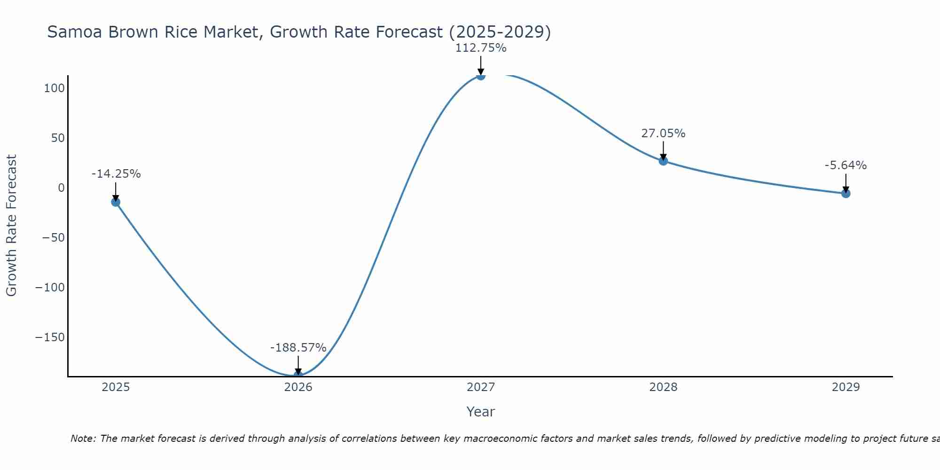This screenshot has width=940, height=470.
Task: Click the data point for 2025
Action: pos(116,202)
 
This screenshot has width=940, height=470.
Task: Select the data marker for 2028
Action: pos(663,161)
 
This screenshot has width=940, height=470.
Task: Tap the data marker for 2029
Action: pos(846,193)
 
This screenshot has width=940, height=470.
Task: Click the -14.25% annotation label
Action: pos(116,174)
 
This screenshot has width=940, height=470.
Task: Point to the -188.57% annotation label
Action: pos(298,348)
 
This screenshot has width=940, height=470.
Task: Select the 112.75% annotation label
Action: pos(480,48)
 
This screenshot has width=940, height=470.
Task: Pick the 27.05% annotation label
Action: pos(663,133)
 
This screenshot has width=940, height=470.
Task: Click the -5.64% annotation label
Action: pos(846,165)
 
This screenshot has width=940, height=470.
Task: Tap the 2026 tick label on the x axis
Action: pos(298,387)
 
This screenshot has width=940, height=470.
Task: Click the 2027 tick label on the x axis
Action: pos(480,387)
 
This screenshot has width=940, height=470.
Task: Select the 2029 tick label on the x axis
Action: pos(846,387)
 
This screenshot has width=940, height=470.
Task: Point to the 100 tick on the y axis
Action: pos(54,88)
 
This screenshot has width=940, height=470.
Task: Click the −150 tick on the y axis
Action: pos(50,337)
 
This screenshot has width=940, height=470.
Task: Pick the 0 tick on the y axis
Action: pos(61,188)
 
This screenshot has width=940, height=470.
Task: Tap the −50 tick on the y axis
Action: pos(53,238)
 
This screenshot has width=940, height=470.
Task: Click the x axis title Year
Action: pos(480,412)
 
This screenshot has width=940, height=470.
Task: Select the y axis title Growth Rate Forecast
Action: pos(11,226)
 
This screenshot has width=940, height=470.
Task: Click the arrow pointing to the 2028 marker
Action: pos(663,150)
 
